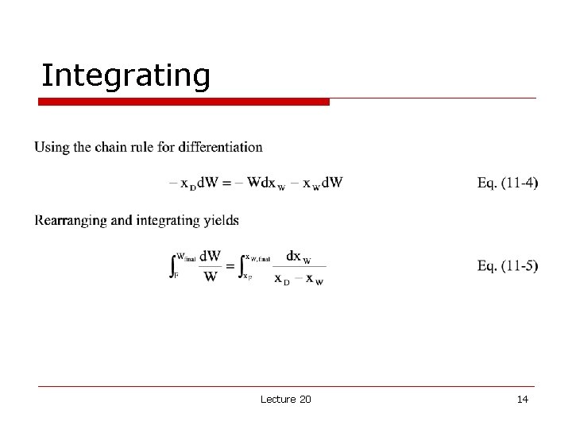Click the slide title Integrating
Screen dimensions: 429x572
[126, 75]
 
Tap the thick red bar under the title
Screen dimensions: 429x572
[184, 102]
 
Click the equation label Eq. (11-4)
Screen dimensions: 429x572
[507, 183]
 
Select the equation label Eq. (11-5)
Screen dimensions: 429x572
[507, 265]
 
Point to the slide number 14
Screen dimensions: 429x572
[522, 399]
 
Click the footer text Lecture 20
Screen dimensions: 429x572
[286, 399]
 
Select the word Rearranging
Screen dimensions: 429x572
[71, 220]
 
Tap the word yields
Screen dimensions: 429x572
[222, 220]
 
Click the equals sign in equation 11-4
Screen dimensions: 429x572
[226, 184]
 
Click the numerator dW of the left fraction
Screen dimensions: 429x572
[211, 256]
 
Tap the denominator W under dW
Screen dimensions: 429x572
[211, 277]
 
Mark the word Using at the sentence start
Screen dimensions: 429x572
[52, 147]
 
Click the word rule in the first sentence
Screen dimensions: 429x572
[147, 147]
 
